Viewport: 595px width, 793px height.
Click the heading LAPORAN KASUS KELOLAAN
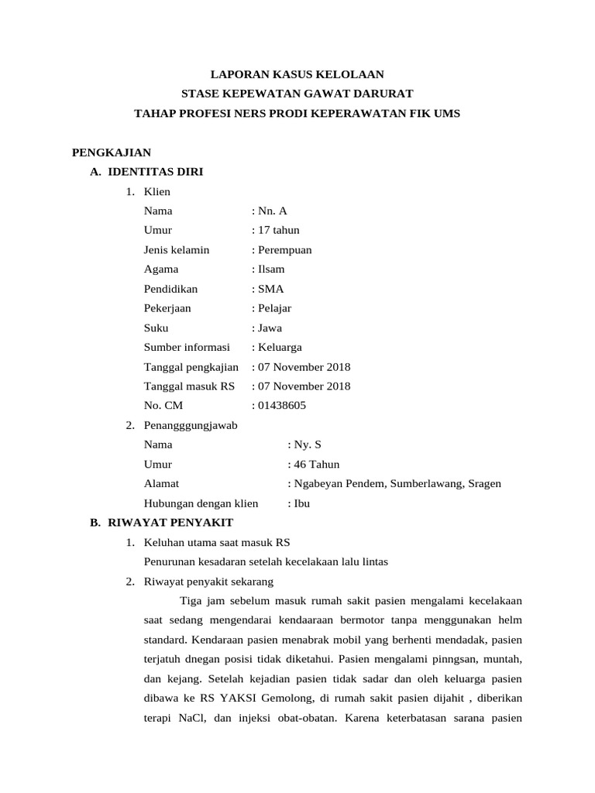pyautogui.click(x=298, y=74)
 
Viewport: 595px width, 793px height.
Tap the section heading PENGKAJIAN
pyautogui.click(x=112, y=152)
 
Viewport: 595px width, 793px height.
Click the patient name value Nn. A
pyautogui.click(x=272, y=211)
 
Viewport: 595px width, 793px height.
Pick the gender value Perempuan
pyautogui.click(x=284, y=249)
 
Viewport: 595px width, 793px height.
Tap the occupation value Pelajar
pyautogui.click(x=274, y=308)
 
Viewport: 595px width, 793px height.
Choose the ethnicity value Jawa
pyautogui.click(x=270, y=328)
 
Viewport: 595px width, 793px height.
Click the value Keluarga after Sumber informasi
pyautogui.click(x=280, y=347)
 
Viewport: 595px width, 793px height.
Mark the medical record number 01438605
pyautogui.click(x=281, y=405)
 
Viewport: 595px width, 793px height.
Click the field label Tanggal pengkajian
pyautogui.click(x=191, y=366)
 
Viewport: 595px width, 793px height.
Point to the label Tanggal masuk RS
pyautogui.click(x=189, y=386)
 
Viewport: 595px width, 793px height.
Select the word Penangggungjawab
pyautogui.click(x=191, y=425)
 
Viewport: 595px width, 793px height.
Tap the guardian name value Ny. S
pyautogui.click(x=307, y=445)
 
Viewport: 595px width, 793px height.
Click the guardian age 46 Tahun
pyautogui.click(x=316, y=464)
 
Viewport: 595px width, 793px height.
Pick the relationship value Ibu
pyautogui.click(x=301, y=503)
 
